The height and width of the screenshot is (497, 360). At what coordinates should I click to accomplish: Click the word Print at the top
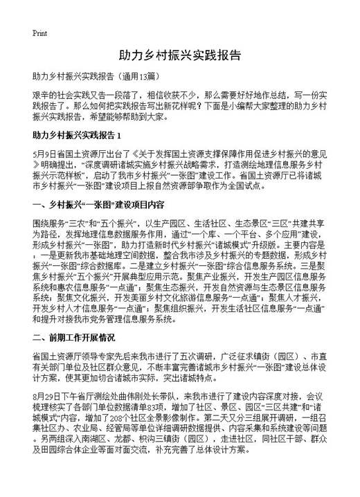coord(39,33)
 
